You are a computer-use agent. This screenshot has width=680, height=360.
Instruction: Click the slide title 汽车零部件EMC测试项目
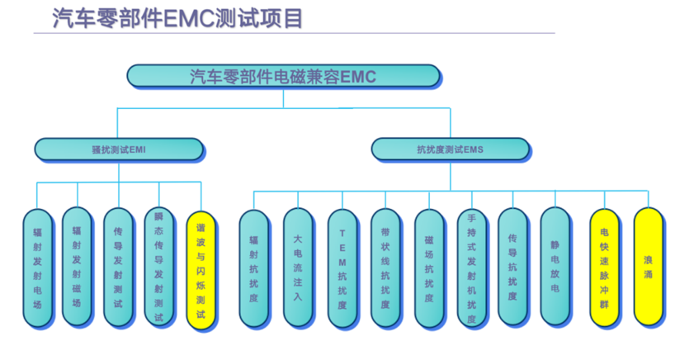[177, 17]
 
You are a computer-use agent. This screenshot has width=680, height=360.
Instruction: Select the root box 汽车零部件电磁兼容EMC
[282, 77]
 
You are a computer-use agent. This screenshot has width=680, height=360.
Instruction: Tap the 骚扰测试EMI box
[119, 149]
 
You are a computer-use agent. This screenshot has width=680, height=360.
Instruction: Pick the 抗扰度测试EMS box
[450, 149]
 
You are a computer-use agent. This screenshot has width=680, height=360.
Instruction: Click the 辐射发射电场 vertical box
[36, 267]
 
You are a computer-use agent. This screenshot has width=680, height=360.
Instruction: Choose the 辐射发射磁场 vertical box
[77, 267]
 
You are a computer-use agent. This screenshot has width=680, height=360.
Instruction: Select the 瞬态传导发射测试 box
[158, 267]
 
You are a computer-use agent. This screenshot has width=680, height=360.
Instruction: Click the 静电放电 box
[555, 267]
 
